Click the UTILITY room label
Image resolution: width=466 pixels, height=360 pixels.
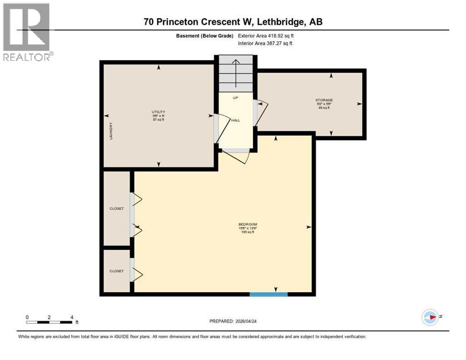(158, 111)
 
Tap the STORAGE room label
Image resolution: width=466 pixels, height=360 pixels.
(324, 100)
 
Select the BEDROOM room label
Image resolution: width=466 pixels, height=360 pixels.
(248, 224)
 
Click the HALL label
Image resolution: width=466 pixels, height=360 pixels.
(235, 120)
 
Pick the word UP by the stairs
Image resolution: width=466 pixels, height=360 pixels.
(236, 98)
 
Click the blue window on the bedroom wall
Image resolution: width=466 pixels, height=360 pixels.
(268, 294)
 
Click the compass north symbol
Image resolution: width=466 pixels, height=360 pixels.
(430, 317)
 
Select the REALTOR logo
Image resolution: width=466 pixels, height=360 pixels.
(27, 31)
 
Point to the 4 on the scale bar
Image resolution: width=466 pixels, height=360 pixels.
(72, 317)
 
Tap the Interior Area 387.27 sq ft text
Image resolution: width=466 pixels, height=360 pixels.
(265, 44)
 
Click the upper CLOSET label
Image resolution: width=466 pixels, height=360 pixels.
(116, 209)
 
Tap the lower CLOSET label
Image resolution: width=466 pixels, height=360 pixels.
(116, 271)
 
